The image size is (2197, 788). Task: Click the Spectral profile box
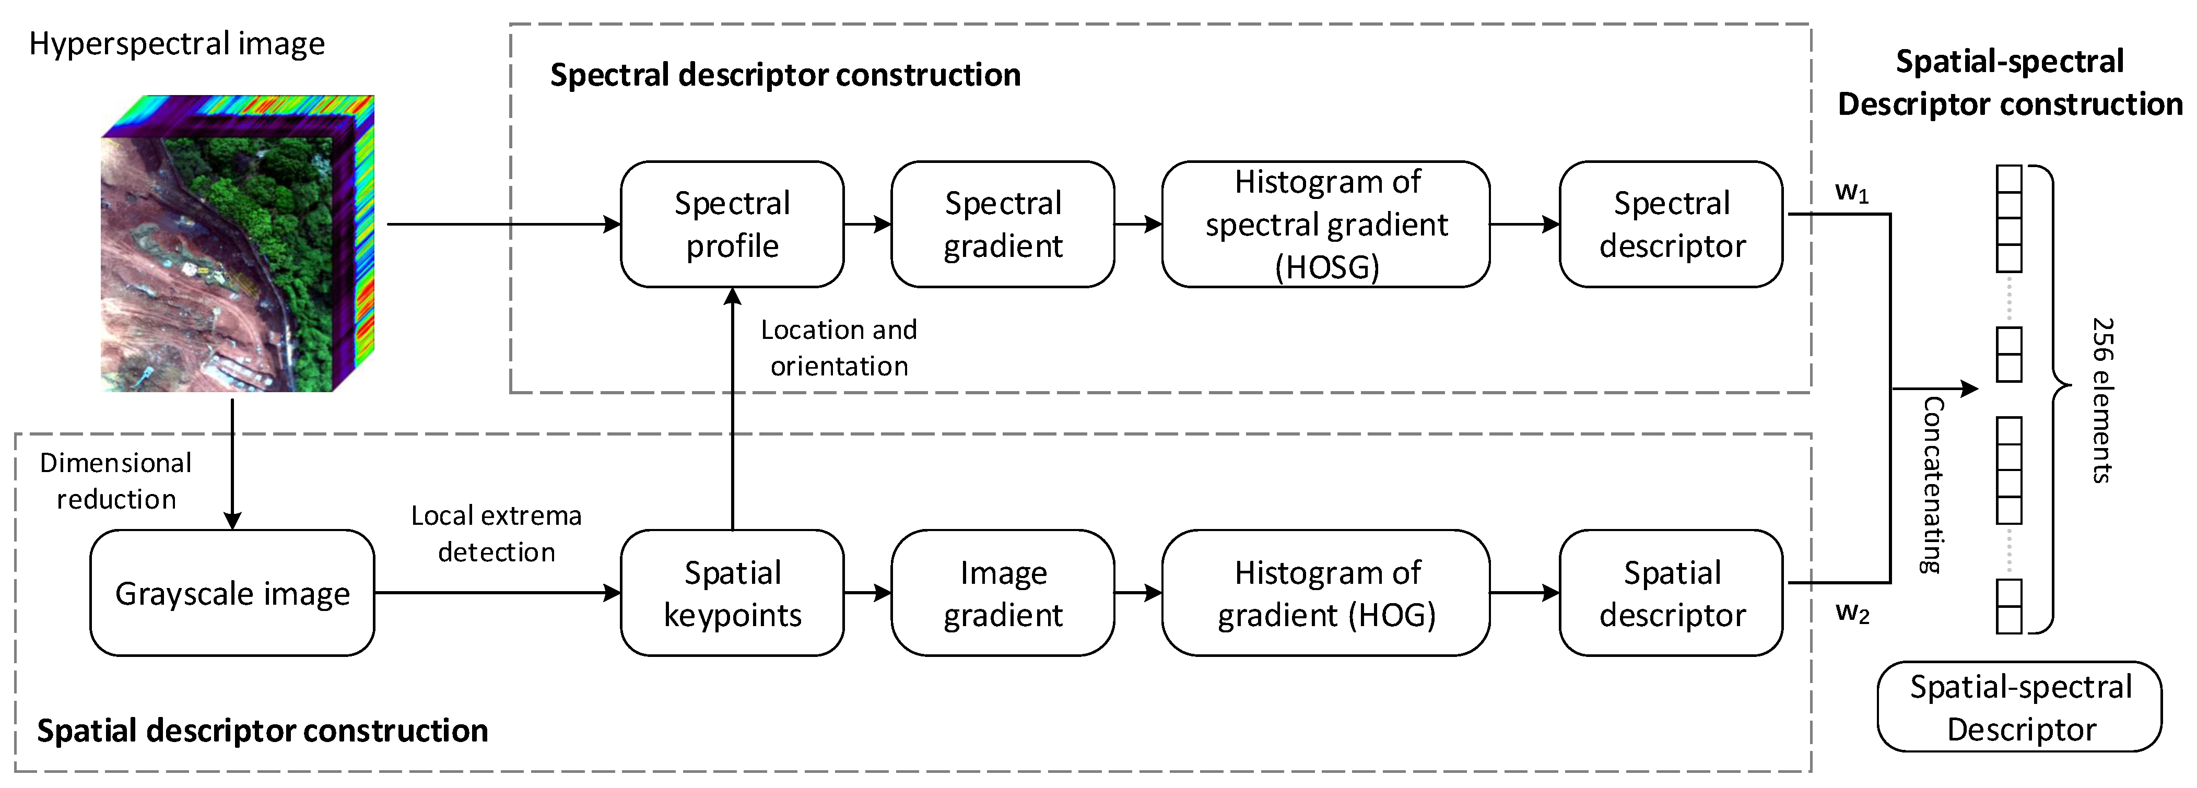[x=732, y=225]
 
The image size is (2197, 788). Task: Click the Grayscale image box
[x=232, y=593]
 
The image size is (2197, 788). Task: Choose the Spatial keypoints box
[x=732, y=593]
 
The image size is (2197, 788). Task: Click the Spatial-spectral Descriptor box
[x=2019, y=707]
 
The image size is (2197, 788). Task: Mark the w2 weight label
[x=1852, y=613]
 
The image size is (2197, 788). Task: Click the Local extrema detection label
[x=496, y=534]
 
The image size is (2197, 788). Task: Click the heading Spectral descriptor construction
[x=784, y=75]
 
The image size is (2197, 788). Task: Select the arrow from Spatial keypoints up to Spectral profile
[x=732, y=409]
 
